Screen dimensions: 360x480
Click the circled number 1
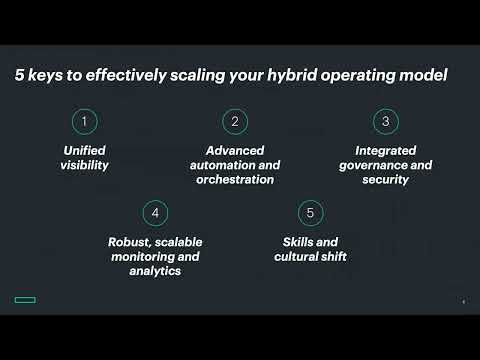point(85,121)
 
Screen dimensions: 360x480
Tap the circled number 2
point(234,121)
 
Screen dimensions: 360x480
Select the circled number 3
point(384,121)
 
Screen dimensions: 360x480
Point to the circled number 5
point(310,213)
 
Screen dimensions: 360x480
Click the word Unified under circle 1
point(85,150)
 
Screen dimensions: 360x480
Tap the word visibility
point(85,165)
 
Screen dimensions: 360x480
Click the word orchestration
point(234,180)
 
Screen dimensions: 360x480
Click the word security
point(384,180)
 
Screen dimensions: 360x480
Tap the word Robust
point(131,242)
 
